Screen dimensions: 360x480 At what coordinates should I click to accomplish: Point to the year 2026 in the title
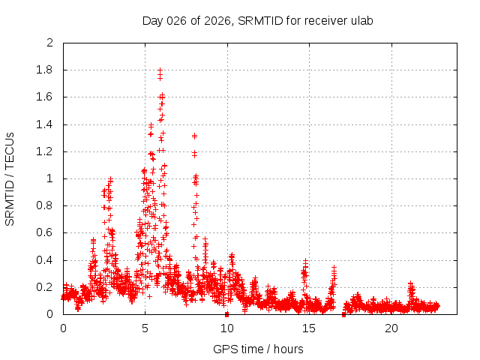tap(217, 20)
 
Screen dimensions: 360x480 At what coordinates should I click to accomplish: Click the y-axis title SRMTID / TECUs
tap(10, 179)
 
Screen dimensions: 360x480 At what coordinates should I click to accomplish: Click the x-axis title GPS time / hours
tap(258, 349)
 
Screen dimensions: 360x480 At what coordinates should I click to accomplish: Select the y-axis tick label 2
tap(49, 43)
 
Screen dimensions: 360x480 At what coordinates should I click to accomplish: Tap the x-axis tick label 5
tap(145, 328)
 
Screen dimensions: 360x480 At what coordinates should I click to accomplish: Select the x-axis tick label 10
tap(227, 328)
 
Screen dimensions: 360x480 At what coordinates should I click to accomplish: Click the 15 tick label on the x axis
tap(309, 328)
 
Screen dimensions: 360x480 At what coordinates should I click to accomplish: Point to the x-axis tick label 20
tap(391, 328)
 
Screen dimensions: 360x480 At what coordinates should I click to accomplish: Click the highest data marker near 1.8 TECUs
tap(160, 70)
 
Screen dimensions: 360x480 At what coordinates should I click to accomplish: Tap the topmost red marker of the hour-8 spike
tap(194, 136)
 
